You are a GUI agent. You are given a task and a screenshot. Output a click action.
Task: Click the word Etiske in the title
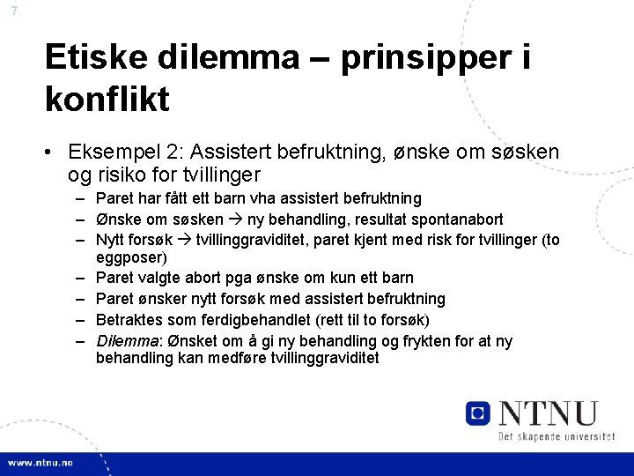coord(100,58)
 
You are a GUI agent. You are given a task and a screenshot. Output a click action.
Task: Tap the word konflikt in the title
coord(107,99)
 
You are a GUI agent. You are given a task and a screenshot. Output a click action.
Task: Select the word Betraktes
coord(129,320)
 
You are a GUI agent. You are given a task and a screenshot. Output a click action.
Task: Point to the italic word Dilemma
coord(124,341)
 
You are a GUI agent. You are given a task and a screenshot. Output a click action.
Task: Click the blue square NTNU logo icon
coord(478,413)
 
